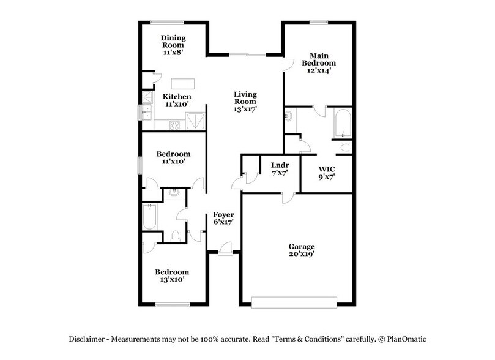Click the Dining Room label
pyautogui.click(x=173, y=45)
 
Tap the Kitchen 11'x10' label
pyautogui.click(x=177, y=100)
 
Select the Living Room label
pyautogui.click(x=245, y=102)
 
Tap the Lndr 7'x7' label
pyautogui.click(x=280, y=169)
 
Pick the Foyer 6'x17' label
pyautogui.click(x=223, y=219)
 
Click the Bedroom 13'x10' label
pyautogui.click(x=171, y=276)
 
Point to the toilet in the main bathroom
pyautogui.click(x=346, y=147)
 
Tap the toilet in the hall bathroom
pyautogui.click(x=177, y=235)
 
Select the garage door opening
pyautogui.click(x=294, y=302)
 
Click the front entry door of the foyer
pyautogui.click(x=225, y=250)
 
